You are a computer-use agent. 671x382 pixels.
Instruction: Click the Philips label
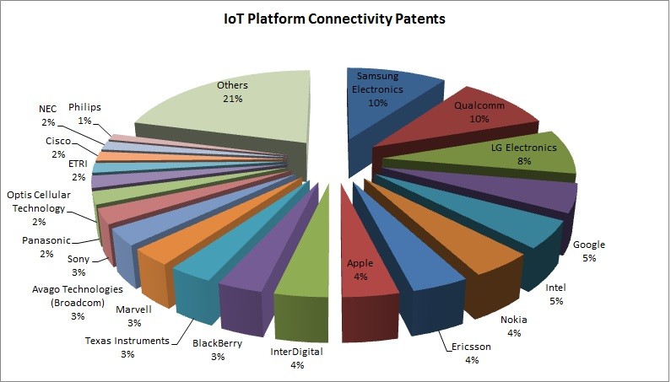pyautogui.click(x=84, y=107)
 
